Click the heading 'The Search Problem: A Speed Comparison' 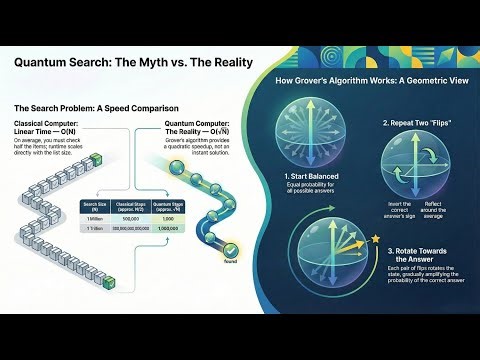click(96, 107)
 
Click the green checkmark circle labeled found click(231, 250)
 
